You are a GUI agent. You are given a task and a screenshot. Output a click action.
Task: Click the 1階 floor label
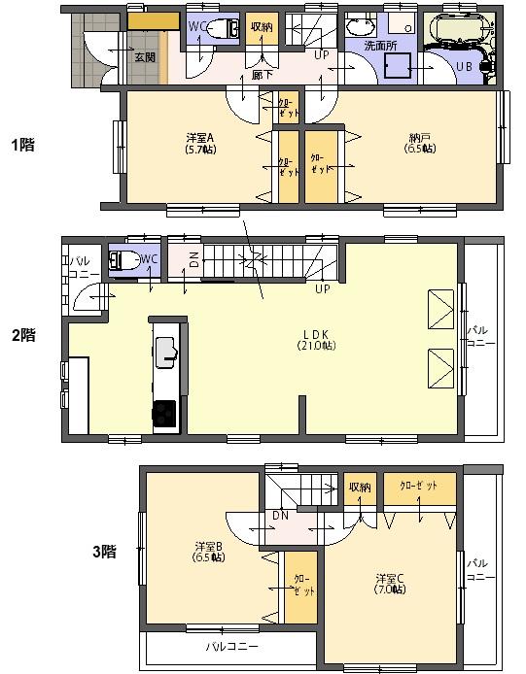click(22, 146)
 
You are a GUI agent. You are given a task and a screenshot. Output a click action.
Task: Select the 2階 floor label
click(22, 335)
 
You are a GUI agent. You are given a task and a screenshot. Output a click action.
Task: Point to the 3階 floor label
click(104, 551)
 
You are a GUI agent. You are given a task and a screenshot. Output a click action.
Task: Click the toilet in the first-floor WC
click(227, 28)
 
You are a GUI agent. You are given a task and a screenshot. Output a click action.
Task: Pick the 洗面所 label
click(379, 46)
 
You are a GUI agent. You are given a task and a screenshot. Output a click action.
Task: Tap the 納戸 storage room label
click(420, 143)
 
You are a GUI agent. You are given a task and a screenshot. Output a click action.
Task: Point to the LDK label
click(316, 339)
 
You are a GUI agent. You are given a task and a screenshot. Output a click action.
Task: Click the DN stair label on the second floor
click(194, 259)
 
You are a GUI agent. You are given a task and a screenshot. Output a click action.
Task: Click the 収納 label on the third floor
click(360, 488)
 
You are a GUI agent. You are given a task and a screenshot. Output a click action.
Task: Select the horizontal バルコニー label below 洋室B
click(231, 645)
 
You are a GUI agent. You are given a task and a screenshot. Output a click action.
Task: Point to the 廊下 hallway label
click(262, 75)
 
